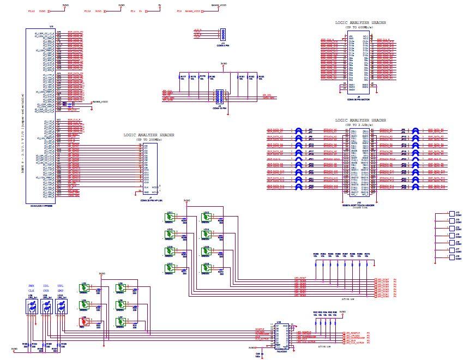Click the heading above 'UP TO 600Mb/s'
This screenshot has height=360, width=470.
point(360,23)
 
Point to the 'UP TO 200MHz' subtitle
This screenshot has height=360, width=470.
point(149,140)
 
